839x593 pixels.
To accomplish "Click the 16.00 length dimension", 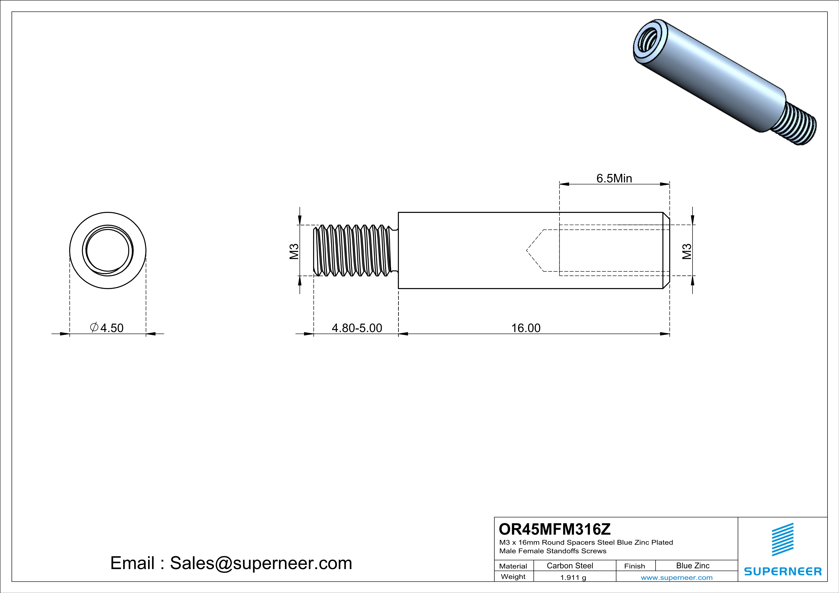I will click(525, 328).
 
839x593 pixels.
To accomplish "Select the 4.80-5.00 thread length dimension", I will click(357, 328).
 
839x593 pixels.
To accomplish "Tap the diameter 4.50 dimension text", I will click(107, 328).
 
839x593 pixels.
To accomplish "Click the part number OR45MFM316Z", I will click(554, 529).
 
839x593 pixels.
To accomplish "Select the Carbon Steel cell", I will click(570, 566).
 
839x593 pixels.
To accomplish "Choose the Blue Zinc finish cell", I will click(692, 566).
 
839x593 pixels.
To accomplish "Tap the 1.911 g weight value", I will click(573, 577).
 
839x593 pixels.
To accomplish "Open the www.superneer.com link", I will click(676, 577).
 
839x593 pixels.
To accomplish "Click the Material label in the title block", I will click(513, 566).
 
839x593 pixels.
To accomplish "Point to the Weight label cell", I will click(513, 577).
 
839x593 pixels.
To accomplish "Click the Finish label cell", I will click(634, 566).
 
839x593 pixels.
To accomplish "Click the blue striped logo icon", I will click(782, 539).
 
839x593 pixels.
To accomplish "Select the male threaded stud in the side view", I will click(355, 251).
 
